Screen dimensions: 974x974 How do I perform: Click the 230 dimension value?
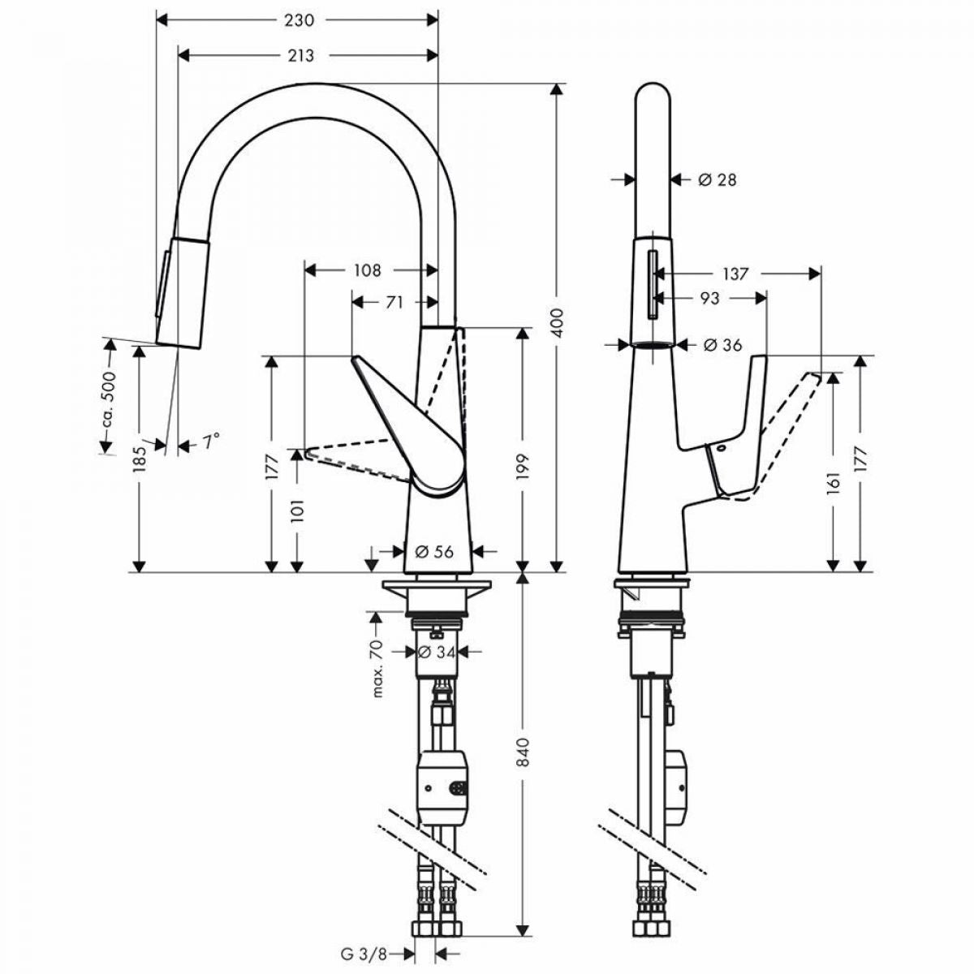[298, 20]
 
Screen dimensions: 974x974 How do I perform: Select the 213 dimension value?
[301, 55]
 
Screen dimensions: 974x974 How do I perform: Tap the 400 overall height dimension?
[557, 323]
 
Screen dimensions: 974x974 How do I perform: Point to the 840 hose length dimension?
[524, 752]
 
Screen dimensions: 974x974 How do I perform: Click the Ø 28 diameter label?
[718, 179]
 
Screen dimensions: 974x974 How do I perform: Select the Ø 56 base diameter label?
[434, 551]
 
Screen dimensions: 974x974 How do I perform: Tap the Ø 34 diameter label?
[437, 652]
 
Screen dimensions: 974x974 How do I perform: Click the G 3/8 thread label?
[364, 940]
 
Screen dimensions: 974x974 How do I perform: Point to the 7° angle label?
[212, 442]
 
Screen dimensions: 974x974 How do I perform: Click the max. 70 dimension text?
[378, 669]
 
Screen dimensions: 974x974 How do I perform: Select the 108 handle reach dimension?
[367, 270]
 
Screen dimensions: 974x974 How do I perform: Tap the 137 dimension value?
[735, 274]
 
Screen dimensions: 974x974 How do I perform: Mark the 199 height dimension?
[524, 467]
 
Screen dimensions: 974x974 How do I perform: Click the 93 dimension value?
[709, 298]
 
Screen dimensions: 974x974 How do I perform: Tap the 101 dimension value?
[297, 510]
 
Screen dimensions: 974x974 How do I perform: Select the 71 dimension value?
[394, 302]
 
